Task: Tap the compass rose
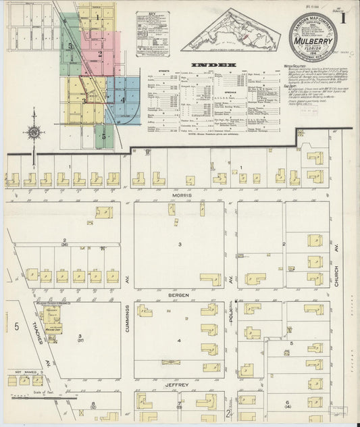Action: click(x=33, y=133)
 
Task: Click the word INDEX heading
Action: click(x=213, y=65)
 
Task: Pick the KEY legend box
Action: click(x=152, y=32)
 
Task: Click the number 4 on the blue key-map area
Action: click(x=122, y=101)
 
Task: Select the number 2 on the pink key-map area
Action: click(x=99, y=54)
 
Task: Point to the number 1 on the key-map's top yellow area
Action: click(x=97, y=16)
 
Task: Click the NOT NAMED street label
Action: click(x=24, y=372)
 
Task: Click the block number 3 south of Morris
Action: click(x=180, y=243)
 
